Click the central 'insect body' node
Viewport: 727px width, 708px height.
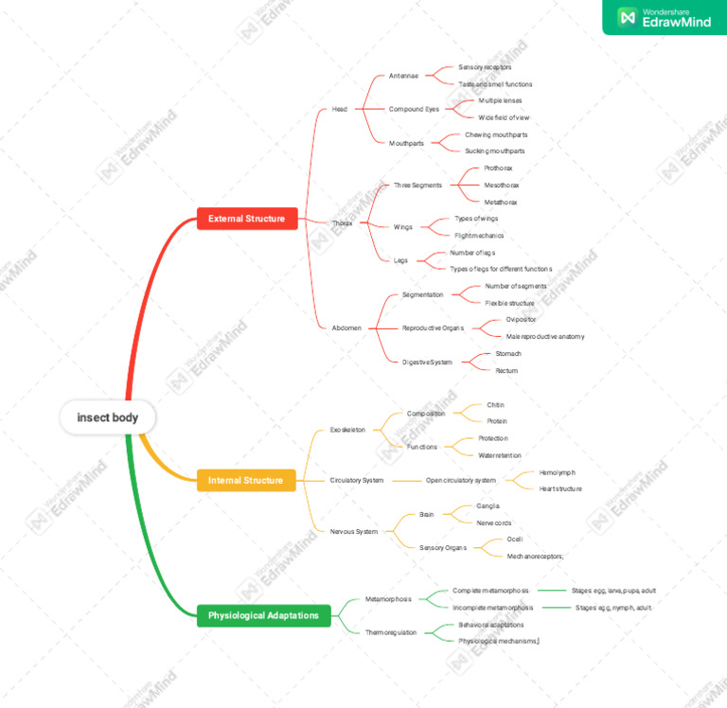coord(107,417)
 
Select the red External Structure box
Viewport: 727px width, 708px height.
coord(247,219)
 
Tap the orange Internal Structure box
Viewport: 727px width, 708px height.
coord(245,480)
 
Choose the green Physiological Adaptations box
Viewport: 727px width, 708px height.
coord(264,615)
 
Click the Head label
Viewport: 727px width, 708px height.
coord(339,109)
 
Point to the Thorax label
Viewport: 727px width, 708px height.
coord(342,223)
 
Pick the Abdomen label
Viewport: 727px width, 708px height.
coord(346,327)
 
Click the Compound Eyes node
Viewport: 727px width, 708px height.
coord(414,109)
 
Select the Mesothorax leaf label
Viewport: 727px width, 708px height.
coord(501,186)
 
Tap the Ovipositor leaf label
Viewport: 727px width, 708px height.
coord(521,320)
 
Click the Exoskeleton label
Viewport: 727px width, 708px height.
coord(347,430)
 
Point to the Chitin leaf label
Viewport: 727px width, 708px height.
coord(496,405)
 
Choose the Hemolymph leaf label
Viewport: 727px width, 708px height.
coord(557,472)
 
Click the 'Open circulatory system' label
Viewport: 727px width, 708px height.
coord(460,480)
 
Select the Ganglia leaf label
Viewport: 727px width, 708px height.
coord(488,506)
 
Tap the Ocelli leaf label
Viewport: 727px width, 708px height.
coord(515,540)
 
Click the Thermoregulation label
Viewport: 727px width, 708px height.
coord(391,632)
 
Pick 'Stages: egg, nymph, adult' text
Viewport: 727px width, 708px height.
coord(612,608)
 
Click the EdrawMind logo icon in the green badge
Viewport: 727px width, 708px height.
coord(626,17)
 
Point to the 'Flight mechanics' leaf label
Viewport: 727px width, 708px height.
coord(479,236)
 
